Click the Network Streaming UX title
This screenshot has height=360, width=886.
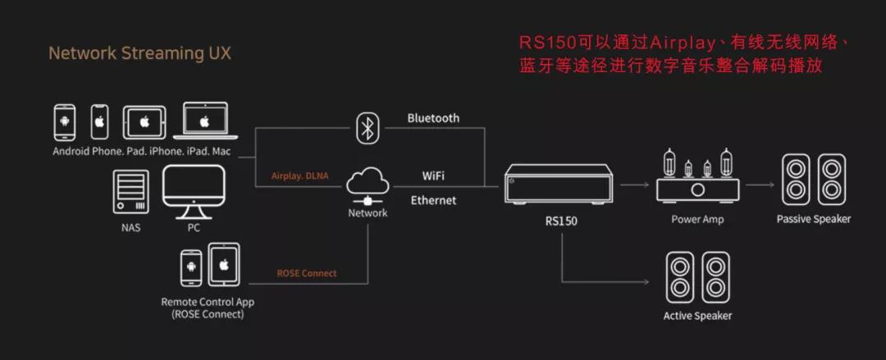[139, 54]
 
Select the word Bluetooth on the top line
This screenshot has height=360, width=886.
[433, 118]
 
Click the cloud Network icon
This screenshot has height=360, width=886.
[367, 185]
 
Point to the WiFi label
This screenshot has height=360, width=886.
[433, 175]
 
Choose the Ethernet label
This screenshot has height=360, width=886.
[433, 200]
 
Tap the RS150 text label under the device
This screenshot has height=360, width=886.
[561, 221]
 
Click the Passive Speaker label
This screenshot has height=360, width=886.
[813, 219]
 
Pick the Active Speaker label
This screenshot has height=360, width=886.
[697, 316]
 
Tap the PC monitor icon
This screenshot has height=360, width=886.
[193, 190]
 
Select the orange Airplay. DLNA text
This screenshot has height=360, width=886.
[299, 175]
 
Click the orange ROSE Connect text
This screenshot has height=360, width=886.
[306, 273]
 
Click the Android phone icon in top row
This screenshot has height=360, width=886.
[65, 122]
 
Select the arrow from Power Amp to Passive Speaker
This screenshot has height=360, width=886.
[760, 185]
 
